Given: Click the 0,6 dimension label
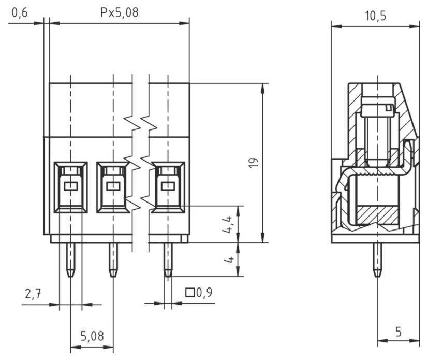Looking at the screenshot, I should pyautogui.click(x=19, y=13).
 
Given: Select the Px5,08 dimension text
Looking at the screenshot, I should pyautogui.click(x=120, y=13).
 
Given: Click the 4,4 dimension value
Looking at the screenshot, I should pyautogui.click(x=228, y=224).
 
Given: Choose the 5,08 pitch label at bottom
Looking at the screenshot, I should pyautogui.click(x=92, y=337).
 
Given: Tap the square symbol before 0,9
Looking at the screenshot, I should pyautogui.click(x=190, y=293).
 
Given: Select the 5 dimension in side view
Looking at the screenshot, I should pyautogui.click(x=398, y=332).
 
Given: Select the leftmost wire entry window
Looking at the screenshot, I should pyautogui.click(x=71, y=186).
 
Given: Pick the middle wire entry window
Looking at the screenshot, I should pyautogui.click(x=113, y=186).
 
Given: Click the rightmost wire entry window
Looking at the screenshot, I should pyautogui.click(x=168, y=186).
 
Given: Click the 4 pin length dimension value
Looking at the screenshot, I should pyautogui.click(x=228, y=260).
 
